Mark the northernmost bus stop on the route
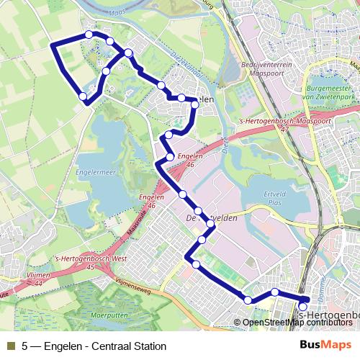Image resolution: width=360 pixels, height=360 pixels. pos(89,34)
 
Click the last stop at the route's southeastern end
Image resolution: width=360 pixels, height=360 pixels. pos(303,307)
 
